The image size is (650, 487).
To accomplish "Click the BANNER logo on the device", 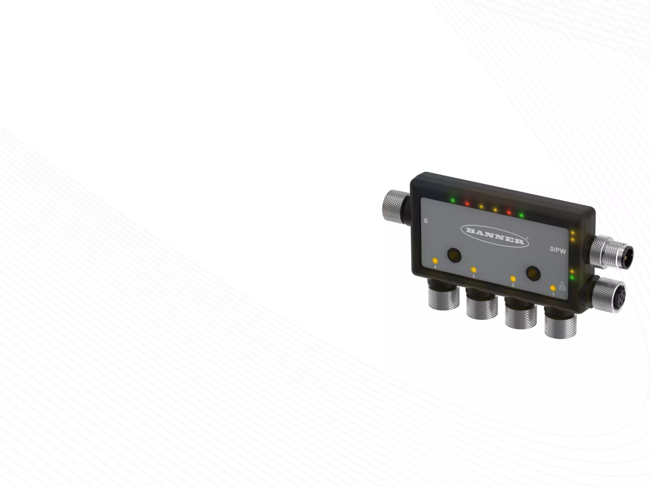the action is click(495, 236).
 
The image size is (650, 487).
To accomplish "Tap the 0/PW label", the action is click(558, 250).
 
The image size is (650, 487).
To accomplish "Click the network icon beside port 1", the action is click(562, 286).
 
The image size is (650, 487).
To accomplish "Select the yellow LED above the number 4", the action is click(435, 260).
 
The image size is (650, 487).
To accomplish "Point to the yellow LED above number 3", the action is click(473, 270).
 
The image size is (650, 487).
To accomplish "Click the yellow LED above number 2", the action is click(513, 279).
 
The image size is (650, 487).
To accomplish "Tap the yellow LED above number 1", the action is click(553, 288).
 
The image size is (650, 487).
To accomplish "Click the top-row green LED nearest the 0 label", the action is click(452, 200).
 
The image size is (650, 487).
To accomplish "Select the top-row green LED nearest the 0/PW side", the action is click(521, 216).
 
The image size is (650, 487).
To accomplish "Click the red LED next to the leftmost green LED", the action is click(467, 203).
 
